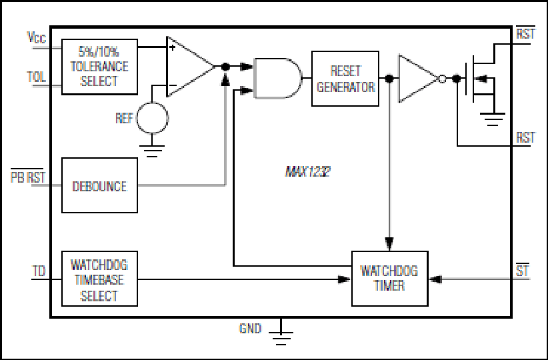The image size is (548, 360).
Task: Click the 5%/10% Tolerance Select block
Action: [x=99, y=67]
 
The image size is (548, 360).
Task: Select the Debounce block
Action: [x=99, y=185]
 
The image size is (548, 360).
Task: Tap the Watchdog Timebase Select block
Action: [x=99, y=279]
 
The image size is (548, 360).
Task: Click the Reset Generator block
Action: [x=345, y=79]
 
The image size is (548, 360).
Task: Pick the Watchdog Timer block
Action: [x=390, y=279]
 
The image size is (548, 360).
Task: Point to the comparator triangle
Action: [x=190, y=67]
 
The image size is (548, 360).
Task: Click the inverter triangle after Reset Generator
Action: [x=418, y=79]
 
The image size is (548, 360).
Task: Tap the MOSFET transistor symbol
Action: [x=481, y=79]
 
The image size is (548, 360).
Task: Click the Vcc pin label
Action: [x=37, y=37]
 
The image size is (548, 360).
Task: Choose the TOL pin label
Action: [x=37, y=77]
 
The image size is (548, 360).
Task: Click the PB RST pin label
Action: [x=28, y=177]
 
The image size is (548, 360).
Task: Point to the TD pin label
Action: [x=39, y=271]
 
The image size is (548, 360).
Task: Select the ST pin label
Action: [x=523, y=270]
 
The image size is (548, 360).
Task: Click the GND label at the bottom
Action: [x=250, y=329]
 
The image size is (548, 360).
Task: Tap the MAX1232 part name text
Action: [x=308, y=171]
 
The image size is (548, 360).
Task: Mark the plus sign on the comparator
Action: [x=172, y=47]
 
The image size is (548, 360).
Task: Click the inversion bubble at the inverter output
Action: [x=442, y=79]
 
